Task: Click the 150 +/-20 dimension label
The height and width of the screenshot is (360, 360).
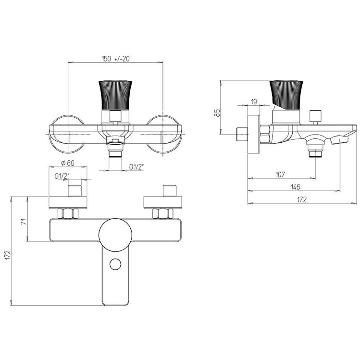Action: [115, 59]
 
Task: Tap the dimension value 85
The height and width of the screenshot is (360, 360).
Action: [217, 113]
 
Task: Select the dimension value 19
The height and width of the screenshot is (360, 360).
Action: [254, 102]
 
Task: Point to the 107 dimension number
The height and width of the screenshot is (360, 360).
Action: [280, 175]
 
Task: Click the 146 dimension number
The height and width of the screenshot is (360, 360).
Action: [295, 187]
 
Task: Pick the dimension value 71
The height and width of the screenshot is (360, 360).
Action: [24, 222]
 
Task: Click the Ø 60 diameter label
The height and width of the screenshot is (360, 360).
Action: [68, 163]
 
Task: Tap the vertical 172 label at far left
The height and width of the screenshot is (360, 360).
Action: [8, 255]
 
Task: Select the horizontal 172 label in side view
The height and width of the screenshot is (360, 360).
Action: [302, 199]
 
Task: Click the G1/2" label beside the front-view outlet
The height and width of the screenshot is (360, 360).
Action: [137, 167]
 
